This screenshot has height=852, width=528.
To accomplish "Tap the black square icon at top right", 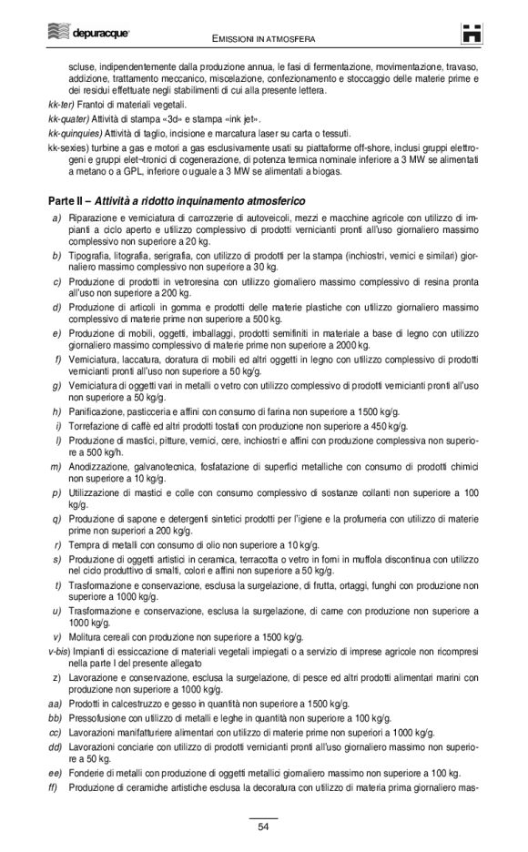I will click(471, 34).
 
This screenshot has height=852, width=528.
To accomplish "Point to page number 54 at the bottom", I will click(263, 827).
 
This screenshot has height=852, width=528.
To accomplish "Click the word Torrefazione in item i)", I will click(96, 425).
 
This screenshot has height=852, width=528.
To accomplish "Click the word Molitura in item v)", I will click(86, 638).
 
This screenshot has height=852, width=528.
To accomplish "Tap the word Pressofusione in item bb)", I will click(101, 719).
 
